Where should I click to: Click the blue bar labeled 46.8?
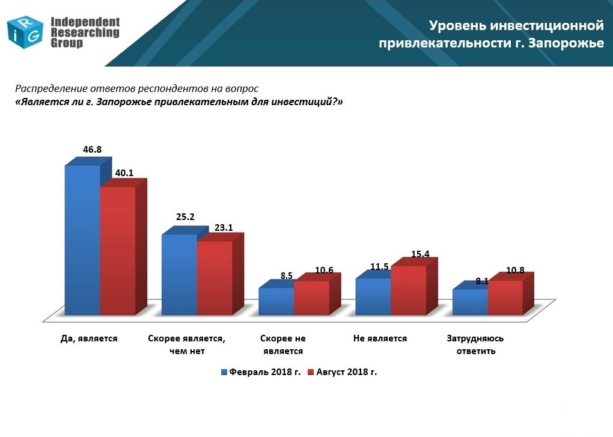[82, 240]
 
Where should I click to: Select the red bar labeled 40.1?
[118, 251]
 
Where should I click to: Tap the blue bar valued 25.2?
[180, 274]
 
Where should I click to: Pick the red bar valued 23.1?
[215, 278]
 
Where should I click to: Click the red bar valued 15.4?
[409, 290]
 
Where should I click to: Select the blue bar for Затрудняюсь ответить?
[471, 302]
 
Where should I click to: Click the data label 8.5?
[287, 275]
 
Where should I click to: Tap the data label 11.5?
[379, 266]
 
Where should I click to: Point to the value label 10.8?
[515, 270]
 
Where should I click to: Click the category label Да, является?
[89, 338]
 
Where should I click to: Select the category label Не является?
[380, 338]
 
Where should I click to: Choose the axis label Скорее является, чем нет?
[186, 344]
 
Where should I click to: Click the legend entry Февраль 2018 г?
[261, 372]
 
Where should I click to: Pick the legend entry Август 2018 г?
[343, 372]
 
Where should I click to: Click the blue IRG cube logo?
[25, 32]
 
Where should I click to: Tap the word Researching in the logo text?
[85, 32]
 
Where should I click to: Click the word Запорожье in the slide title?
[566, 43]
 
